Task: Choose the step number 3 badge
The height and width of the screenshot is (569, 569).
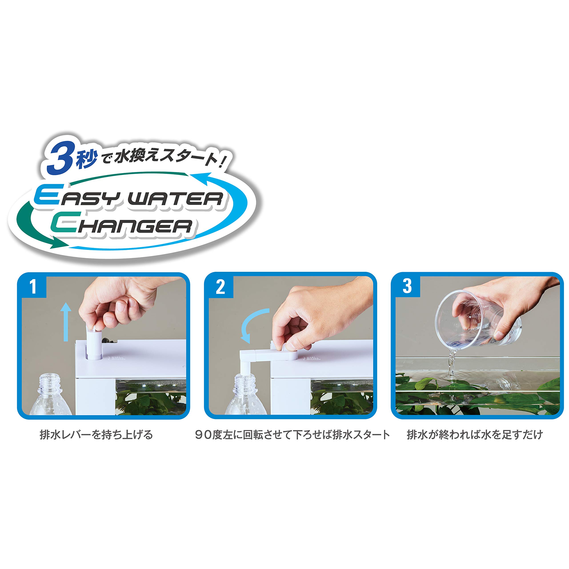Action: (407, 286)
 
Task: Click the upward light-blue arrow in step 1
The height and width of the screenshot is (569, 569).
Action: (66, 322)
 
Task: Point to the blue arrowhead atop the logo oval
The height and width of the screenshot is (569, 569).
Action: (200, 178)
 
